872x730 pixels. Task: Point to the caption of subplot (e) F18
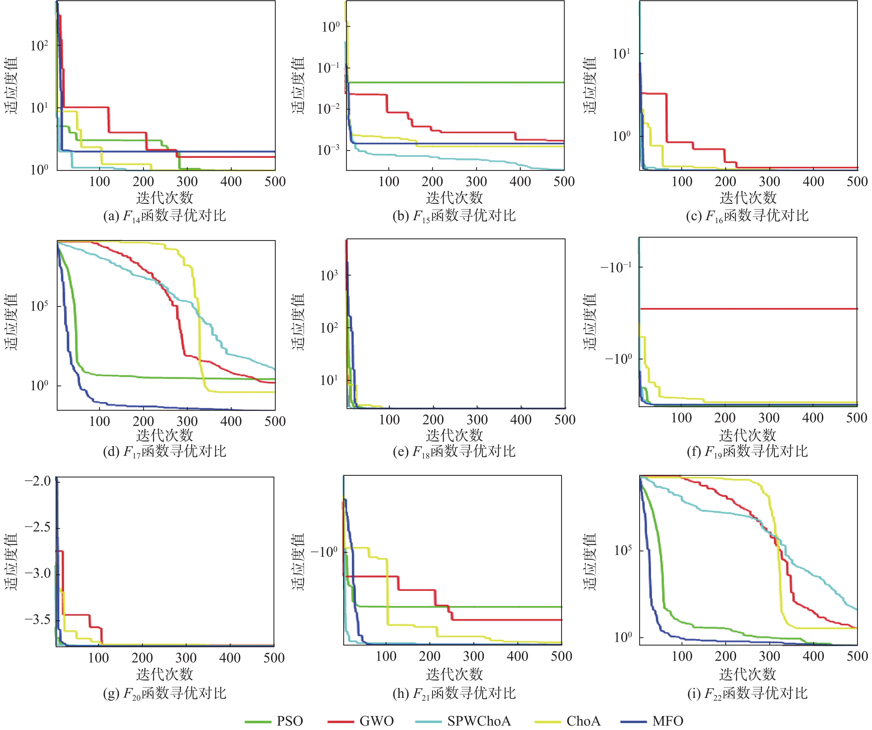[454, 451]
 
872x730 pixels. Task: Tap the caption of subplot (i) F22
[747, 693]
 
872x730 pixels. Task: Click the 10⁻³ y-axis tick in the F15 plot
[328, 150]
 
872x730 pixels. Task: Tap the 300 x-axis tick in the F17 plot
[187, 421]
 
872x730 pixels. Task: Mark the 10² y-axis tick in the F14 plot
[39, 45]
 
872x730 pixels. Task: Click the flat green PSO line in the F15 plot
[457, 82]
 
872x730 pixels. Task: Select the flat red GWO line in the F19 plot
[747, 309]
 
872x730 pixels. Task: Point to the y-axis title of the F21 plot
[298, 561]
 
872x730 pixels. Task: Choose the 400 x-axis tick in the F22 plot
[813, 656]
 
